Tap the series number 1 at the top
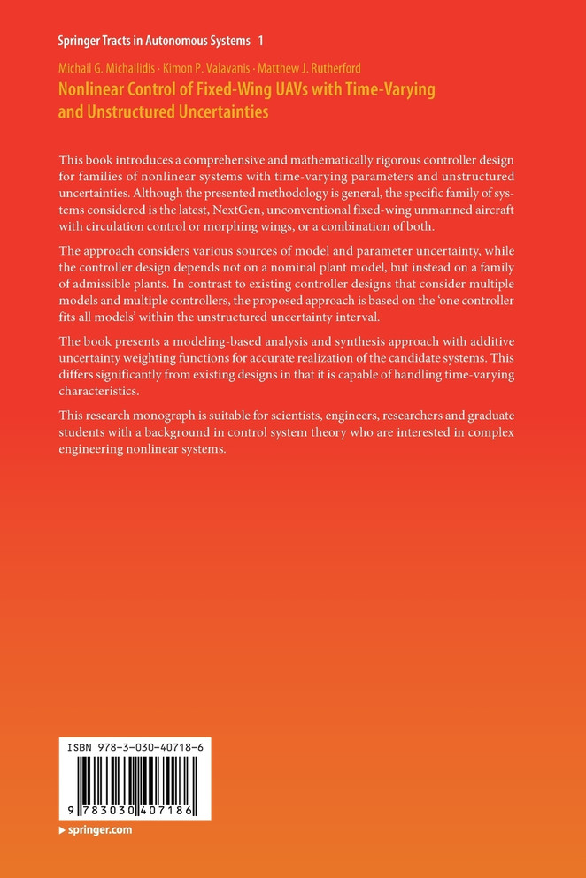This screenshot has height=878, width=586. (x=260, y=41)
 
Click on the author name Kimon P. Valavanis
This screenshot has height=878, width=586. (x=205, y=68)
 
